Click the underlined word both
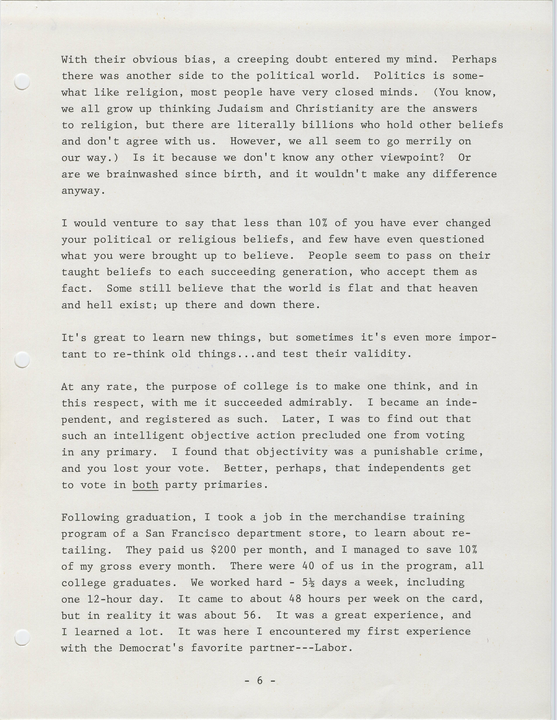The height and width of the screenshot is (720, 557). (x=145, y=485)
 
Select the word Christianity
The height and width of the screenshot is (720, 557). (x=335, y=109)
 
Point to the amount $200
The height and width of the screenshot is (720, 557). (x=224, y=550)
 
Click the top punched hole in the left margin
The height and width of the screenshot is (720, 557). (x=22, y=81)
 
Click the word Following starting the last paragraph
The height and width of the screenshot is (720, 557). (x=90, y=517)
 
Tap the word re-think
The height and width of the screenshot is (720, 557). (x=139, y=354)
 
